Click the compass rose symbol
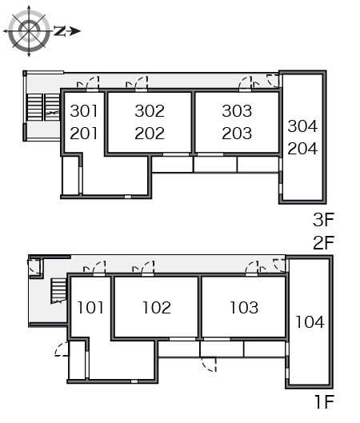[x=29, y=31]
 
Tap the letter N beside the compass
[x=60, y=31]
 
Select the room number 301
[x=84, y=111]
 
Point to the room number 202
[x=150, y=134]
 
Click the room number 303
[x=237, y=111]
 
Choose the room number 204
[x=302, y=149]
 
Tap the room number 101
[x=90, y=308]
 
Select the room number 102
[x=157, y=308]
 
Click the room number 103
[x=244, y=308]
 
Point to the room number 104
[x=310, y=321]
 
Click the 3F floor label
[x=323, y=220]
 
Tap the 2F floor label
[x=323, y=242]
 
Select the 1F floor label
[x=325, y=401]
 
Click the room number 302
[x=150, y=111]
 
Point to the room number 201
[x=84, y=134]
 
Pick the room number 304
[x=302, y=126]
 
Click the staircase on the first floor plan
[x=59, y=291]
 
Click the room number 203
[x=237, y=134]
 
